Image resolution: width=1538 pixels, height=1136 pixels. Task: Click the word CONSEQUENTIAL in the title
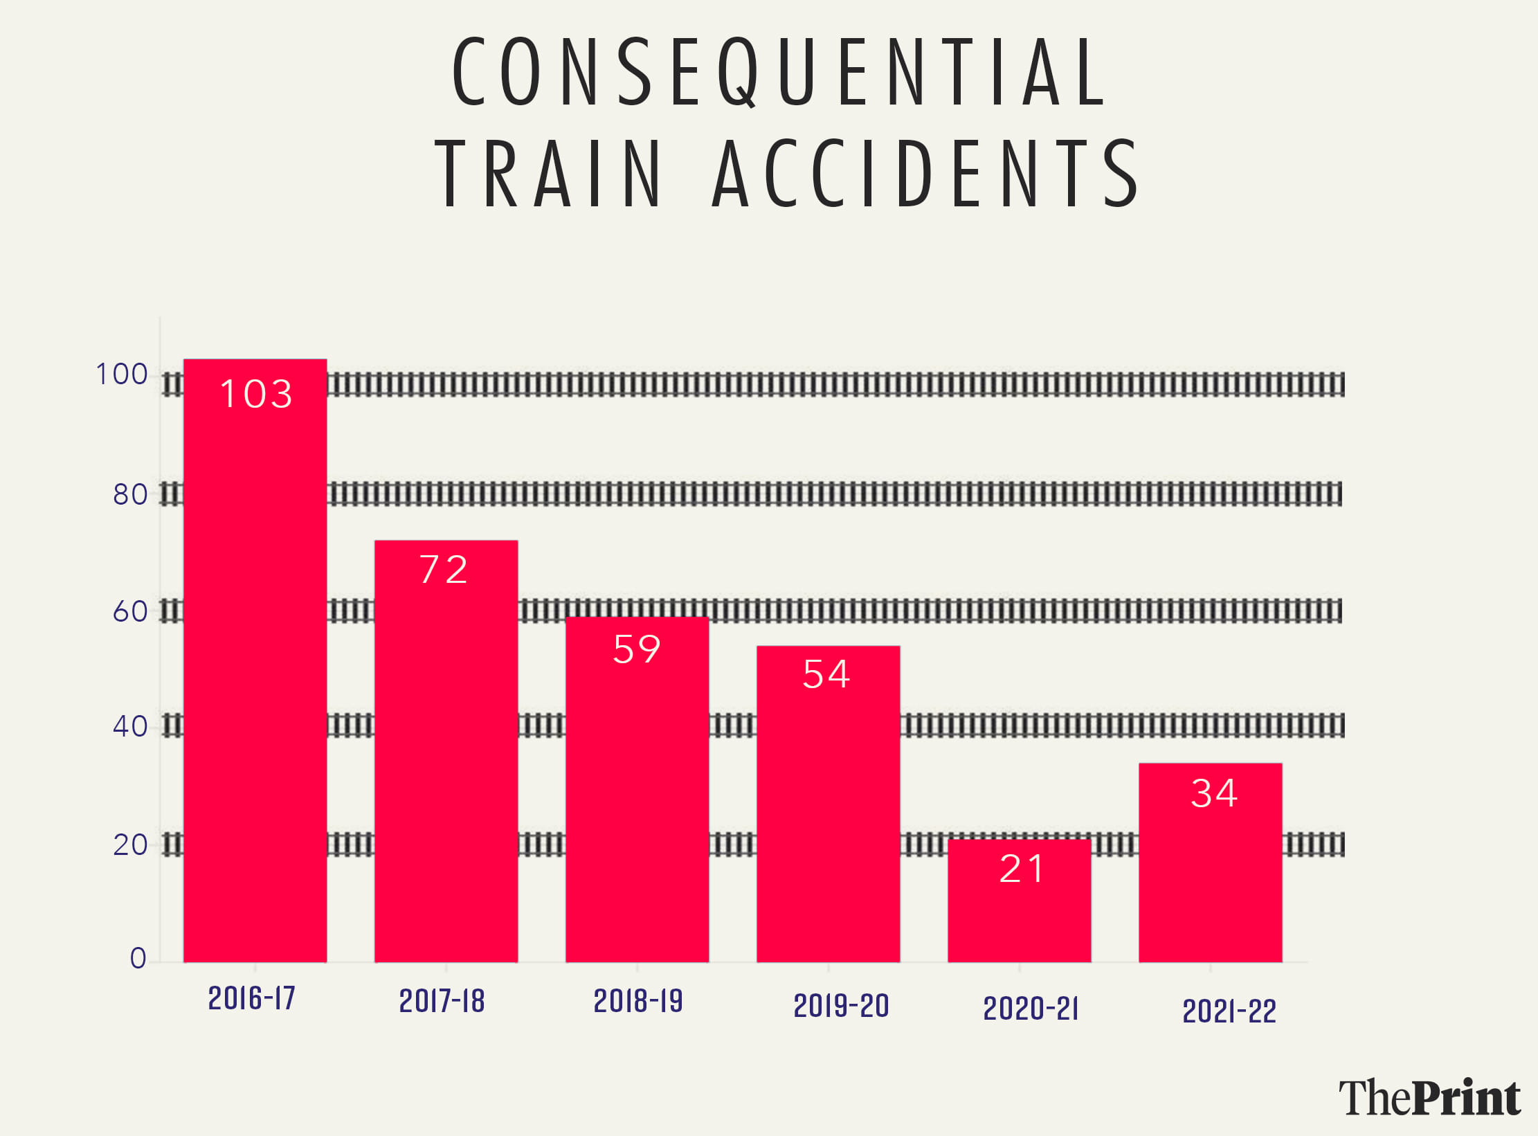click(x=779, y=72)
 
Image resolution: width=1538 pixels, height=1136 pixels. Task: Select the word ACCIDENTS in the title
click(x=925, y=174)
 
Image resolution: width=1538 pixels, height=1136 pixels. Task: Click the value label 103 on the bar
click(x=256, y=394)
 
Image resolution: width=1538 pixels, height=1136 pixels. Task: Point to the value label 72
click(x=444, y=570)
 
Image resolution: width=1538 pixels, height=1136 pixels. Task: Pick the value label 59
click(x=637, y=649)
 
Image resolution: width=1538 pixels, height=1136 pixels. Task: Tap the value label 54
click(x=826, y=674)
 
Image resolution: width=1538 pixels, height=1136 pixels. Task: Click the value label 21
click(x=1022, y=869)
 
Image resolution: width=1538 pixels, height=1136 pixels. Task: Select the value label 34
click(x=1214, y=793)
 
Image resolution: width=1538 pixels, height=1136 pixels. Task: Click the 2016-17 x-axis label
click(x=252, y=999)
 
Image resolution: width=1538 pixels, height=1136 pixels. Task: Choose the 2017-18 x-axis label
click(x=442, y=1002)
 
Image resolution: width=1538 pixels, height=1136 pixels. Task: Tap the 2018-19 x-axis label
click(x=638, y=1002)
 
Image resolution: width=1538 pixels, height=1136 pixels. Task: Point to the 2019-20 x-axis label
click(x=841, y=1007)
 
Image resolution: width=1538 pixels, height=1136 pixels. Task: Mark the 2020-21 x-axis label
click(x=1031, y=1009)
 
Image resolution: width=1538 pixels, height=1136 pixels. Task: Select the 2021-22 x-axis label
click(x=1229, y=1012)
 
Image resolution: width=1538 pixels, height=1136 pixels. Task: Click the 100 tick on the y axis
click(x=122, y=375)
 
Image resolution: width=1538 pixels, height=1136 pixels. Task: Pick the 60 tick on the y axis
click(x=130, y=612)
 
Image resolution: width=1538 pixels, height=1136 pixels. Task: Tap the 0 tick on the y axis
click(x=138, y=959)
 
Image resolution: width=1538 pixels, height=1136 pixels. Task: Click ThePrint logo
click(x=1429, y=1098)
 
